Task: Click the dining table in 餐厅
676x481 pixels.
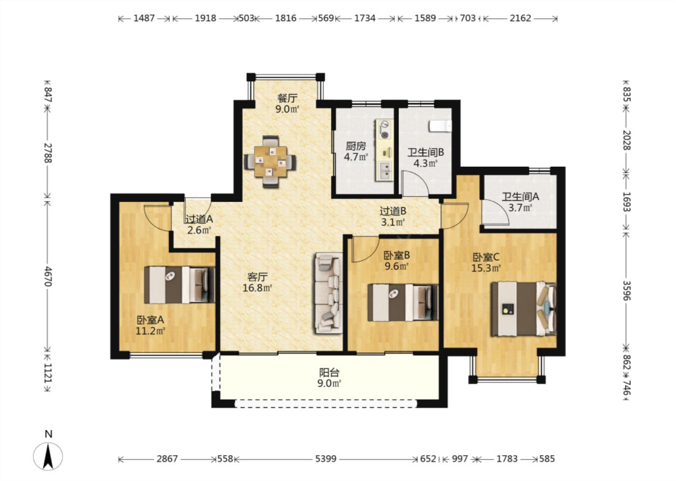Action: (270, 162)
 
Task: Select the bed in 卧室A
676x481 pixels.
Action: (180, 285)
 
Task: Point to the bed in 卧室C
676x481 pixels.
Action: (523, 309)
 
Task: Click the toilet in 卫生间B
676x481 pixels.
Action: (440, 126)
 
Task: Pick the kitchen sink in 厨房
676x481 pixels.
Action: (384, 171)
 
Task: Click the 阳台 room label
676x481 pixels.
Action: (329, 373)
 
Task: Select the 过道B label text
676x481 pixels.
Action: (392, 211)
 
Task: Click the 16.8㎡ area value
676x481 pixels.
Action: (257, 288)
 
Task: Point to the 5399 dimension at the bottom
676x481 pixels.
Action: (326, 459)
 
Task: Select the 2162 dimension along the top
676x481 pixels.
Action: (520, 18)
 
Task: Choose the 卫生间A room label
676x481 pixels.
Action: (520, 197)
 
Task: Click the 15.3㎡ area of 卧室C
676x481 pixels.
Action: (486, 268)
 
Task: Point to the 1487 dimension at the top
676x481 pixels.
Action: (144, 18)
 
